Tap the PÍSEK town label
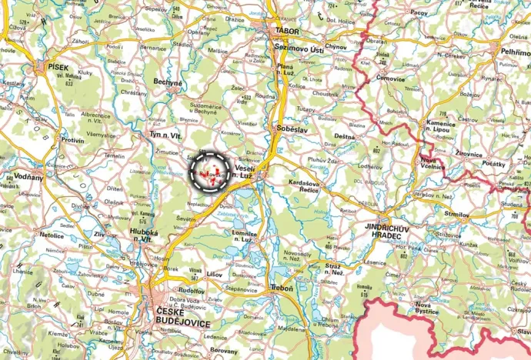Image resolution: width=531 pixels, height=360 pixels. pyautogui.click(x=58, y=67)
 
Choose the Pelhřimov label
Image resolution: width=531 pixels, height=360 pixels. pyautogui.click(x=515, y=51)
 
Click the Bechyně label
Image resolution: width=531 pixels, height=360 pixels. pyautogui.click(x=168, y=82)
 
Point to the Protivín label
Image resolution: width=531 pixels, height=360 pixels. pyautogui.click(x=74, y=140)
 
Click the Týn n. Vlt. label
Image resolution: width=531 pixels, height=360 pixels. pyautogui.click(x=165, y=135)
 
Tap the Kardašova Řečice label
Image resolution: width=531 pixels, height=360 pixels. pyautogui.click(x=303, y=186)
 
